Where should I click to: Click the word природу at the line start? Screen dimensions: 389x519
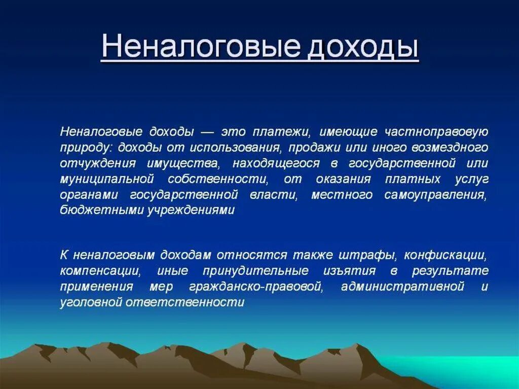pyautogui.click(x=84, y=148)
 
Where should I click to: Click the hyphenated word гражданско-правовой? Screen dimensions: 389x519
pyautogui.click(x=255, y=286)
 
